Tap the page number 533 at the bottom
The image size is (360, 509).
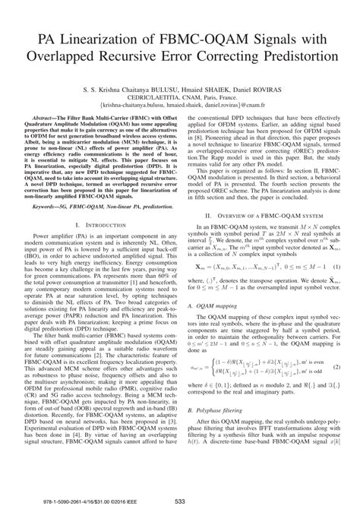[x=179, y=501]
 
